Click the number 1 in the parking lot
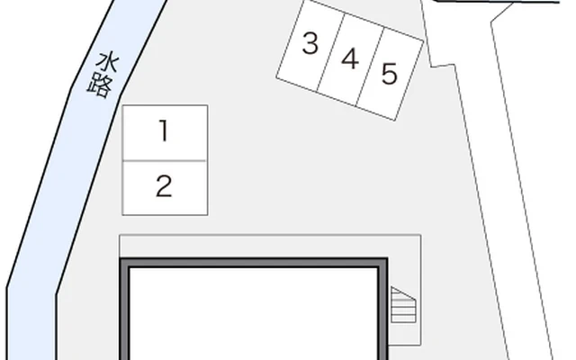(x=164, y=130)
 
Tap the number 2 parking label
(x=164, y=186)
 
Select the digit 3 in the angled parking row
(x=310, y=43)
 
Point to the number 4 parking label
(x=350, y=58)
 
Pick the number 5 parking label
(x=390, y=74)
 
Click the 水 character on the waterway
(x=108, y=63)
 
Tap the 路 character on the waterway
(x=100, y=86)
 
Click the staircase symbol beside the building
(x=403, y=305)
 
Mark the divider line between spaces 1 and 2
(x=164, y=161)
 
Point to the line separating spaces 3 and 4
(x=331, y=52)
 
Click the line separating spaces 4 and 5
(x=371, y=67)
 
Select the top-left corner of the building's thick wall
(x=121, y=258)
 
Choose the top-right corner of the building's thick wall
(x=387, y=258)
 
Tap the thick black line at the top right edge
(x=496, y=2)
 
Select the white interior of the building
(x=254, y=314)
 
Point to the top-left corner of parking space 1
(x=122, y=105)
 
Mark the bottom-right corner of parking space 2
(x=208, y=215)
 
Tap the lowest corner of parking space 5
(x=395, y=121)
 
